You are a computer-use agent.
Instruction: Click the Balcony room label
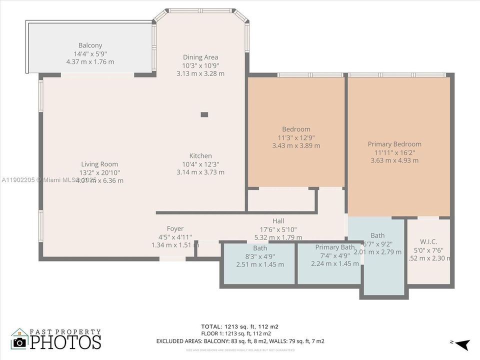tap(90, 45)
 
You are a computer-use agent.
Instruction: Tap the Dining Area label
tap(200, 57)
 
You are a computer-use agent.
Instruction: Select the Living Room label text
tap(99, 164)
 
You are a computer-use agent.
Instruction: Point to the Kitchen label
tap(200, 155)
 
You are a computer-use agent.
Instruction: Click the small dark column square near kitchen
tap(204, 114)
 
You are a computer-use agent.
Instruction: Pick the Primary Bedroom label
tap(394, 144)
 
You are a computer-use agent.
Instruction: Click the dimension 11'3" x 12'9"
tap(296, 137)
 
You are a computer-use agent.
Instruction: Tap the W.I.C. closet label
tap(428, 241)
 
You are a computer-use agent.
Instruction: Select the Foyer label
tap(175, 228)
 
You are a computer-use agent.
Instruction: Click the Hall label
tap(278, 221)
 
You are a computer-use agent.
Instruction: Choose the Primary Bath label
tap(335, 247)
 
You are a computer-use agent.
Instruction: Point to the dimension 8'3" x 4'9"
tap(260, 256)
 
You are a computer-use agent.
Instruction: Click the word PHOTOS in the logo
tap(65, 342)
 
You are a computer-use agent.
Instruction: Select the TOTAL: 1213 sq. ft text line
tap(239, 326)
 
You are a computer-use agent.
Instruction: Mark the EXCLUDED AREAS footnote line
tap(240, 341)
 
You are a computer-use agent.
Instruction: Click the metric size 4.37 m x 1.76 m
tap(90, 61)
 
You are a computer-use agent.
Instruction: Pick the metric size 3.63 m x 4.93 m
tap(394, 160)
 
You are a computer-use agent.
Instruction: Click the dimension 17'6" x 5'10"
tap(278, 229)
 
